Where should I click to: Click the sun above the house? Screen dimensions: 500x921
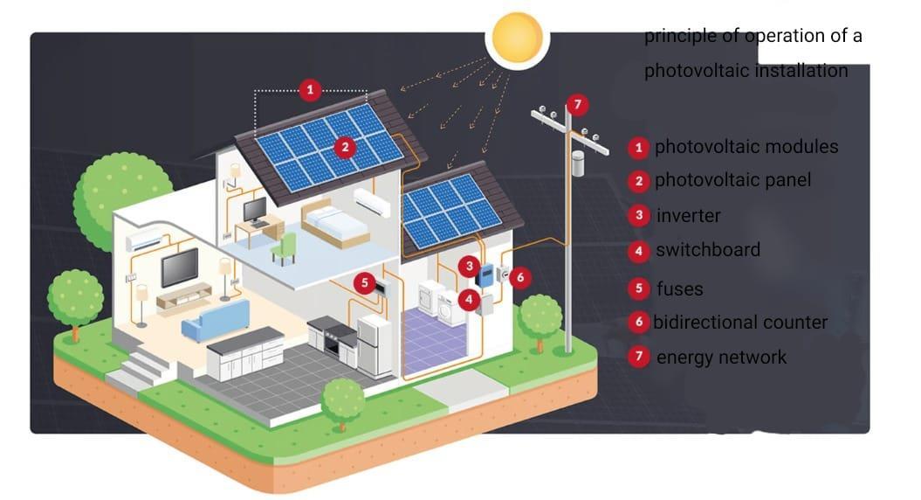518,37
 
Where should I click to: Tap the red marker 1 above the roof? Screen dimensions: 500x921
309,89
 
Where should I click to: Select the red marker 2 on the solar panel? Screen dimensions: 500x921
346,148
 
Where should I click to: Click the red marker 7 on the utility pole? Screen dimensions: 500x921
576,105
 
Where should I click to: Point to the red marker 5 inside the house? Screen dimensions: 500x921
366,283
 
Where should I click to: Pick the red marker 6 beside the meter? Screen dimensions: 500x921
520,277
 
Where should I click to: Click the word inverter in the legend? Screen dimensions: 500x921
688,215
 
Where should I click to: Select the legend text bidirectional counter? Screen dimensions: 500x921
740,322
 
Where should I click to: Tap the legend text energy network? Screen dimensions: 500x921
721,357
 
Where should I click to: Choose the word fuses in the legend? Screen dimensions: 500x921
679,288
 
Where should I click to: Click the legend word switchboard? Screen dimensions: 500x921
708,250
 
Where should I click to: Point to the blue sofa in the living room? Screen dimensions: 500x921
215,320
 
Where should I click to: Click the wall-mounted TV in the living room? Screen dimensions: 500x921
179,267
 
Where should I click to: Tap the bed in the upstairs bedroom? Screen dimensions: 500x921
335,223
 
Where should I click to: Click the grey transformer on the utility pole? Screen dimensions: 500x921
577,163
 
